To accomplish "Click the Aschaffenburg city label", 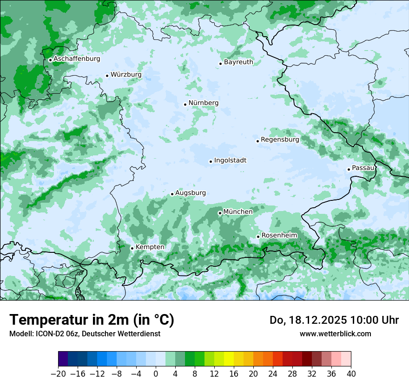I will tap(77, 59).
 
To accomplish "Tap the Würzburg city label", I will tap(126, 75).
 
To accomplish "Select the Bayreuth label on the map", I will tap(238, 62).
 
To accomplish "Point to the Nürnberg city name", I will tap(203, 103).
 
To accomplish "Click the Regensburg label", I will tap(280, 140).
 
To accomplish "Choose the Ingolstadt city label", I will tap(230, 160).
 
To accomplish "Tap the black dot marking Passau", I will tap(349, 169).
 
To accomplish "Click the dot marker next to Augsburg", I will tap(172, 194).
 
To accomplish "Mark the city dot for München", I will tap(220, 213).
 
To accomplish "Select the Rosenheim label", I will tap(279, 236).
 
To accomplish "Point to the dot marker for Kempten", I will tap(132, 248).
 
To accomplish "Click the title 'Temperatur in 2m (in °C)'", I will tap(92, 320).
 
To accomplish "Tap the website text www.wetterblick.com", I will tap(335, 334).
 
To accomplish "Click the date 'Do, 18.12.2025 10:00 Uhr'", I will tap(334, 320).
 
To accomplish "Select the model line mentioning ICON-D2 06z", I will tap(85, 334).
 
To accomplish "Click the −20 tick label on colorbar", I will tap(58, 374).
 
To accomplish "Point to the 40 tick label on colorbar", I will tap(351, 374).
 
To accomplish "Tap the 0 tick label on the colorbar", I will tap(156, 374).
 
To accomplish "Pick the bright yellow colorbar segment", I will tap(229, 359).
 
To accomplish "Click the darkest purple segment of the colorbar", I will tap(63, 359).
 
